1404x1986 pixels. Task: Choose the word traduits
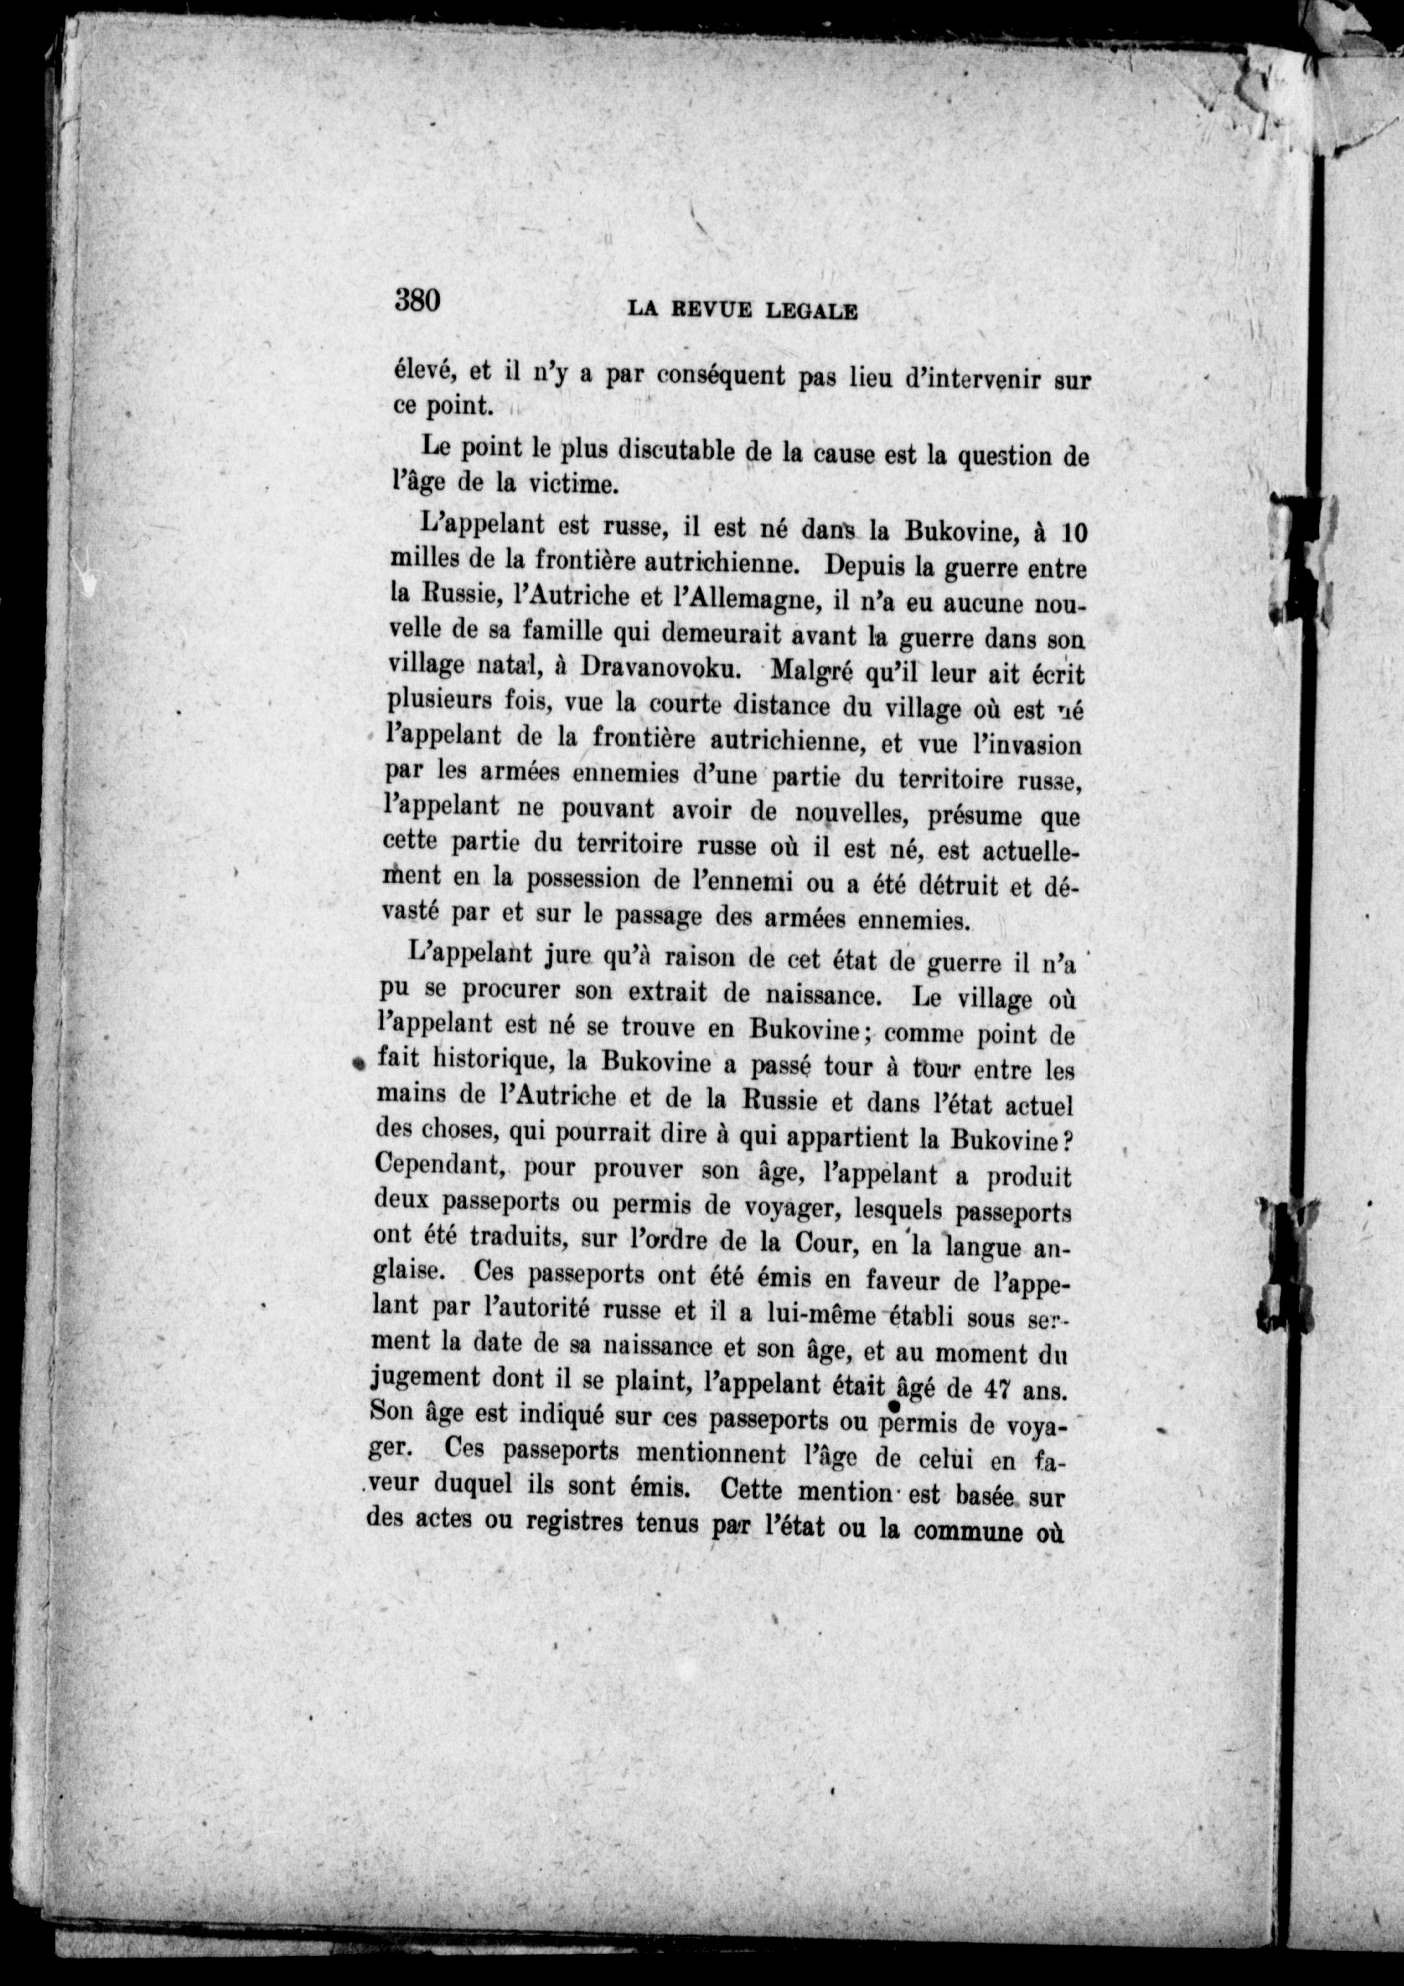tap(516, 1237)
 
